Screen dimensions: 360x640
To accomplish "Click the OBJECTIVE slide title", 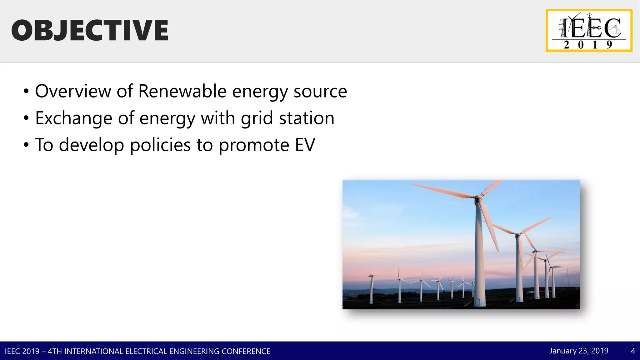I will pyautogui.click(x=90, y=30).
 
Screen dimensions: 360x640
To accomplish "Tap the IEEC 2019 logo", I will pyautogui.click(x=589, y=30).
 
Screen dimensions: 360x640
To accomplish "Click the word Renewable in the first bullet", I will pyautogui.click(x=182, y=91).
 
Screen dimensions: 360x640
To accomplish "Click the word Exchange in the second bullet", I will pyautogui.click(x=74, y=118).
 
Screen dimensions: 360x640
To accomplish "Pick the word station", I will pyautogui.click(x=307, y=118).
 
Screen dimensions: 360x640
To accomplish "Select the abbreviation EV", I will pyautogui.click(x=305, y=145).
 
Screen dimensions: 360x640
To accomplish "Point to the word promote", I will pyautogui.click(x=254, y=146).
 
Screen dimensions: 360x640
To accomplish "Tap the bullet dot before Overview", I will pyautogui.click(x=26, y=92).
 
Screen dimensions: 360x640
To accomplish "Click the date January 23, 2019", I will pyautogui.click(x=579, y=351).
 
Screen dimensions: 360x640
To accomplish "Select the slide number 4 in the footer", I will pyautogui.click(x=633, y=351).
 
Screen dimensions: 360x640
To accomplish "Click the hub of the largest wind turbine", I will pyautogui.click(x=478, y=197).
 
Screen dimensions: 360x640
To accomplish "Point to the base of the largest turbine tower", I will pyautogui.click(x=479, y=302).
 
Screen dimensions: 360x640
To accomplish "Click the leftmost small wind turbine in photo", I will pyautogui.click(x=371, y=287).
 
